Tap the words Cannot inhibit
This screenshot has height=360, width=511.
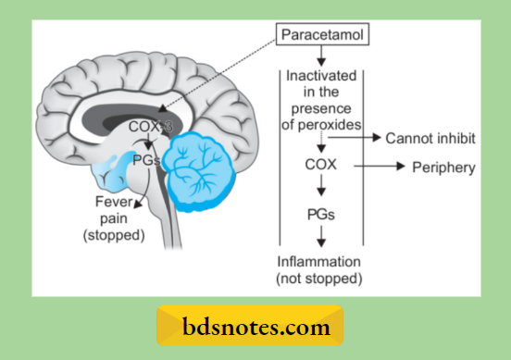tap(430, 139)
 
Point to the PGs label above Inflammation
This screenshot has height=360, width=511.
tap(319, 215)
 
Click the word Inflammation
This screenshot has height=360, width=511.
tap(320, 262)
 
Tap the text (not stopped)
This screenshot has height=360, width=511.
tap(320, 277)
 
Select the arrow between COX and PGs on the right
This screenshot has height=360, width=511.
tap(319, 191)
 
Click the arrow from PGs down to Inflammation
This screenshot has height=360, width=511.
tap(319, 238)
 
